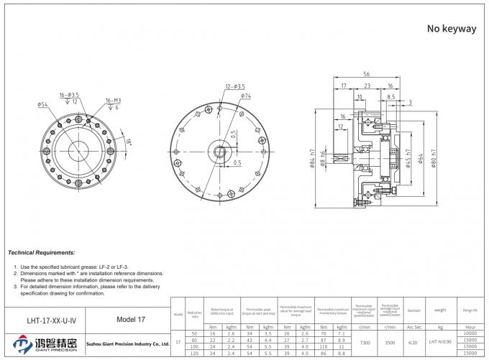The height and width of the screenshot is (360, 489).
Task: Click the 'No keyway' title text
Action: pyautogui.click(x=452, y=29)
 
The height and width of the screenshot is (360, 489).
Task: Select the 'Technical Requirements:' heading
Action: pyautogui.click(x=41, y=254)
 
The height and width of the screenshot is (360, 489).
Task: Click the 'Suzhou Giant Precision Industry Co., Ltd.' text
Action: pyautogui.click(x=127, y=344)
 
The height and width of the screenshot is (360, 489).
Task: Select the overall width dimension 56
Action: pyautogui.click(x=366, y=74)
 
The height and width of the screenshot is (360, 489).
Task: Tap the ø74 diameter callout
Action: pyautogui.click(x=245, y=96)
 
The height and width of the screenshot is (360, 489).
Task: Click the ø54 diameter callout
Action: pyautogui.click(x=42, y=105)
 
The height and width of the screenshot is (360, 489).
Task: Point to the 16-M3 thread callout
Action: pyautogui.click(x=113, y=100)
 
